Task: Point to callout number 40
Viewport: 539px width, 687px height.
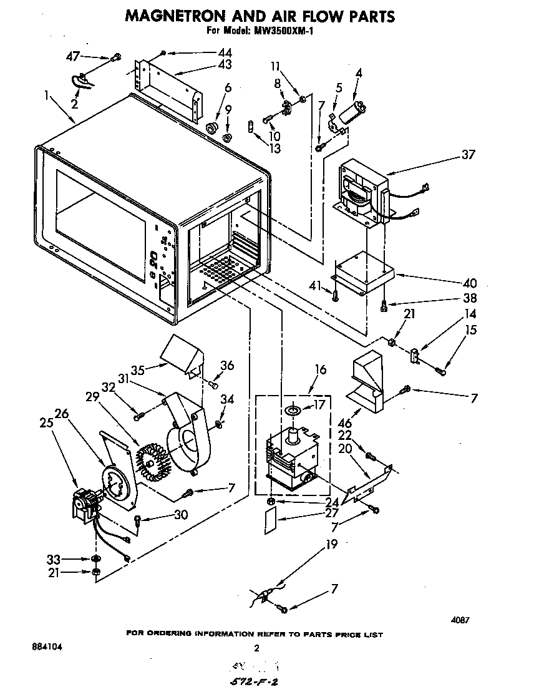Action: (x=470, y=282)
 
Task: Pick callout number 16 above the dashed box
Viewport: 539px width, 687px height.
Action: (x=320, y=370)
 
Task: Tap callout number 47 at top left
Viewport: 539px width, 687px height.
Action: (x=72, y=57)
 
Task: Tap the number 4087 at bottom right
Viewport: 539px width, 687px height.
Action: (x=460, y=620)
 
